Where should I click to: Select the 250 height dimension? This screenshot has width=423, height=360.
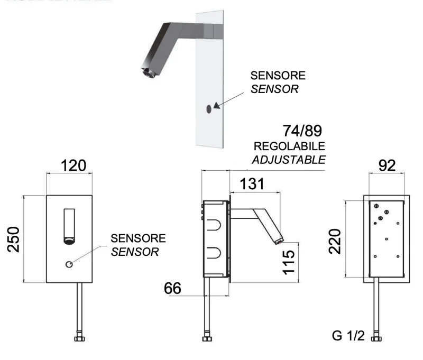pyautogui.click(x=14, y=239)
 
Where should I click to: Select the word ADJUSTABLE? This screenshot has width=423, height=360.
pyautogui.click(x=289, y=160)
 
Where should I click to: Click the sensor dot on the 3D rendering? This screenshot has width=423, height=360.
pyautogui.click(x=208, y=108)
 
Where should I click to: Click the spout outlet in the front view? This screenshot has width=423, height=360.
pyautogui.click(x=69, y=242)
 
